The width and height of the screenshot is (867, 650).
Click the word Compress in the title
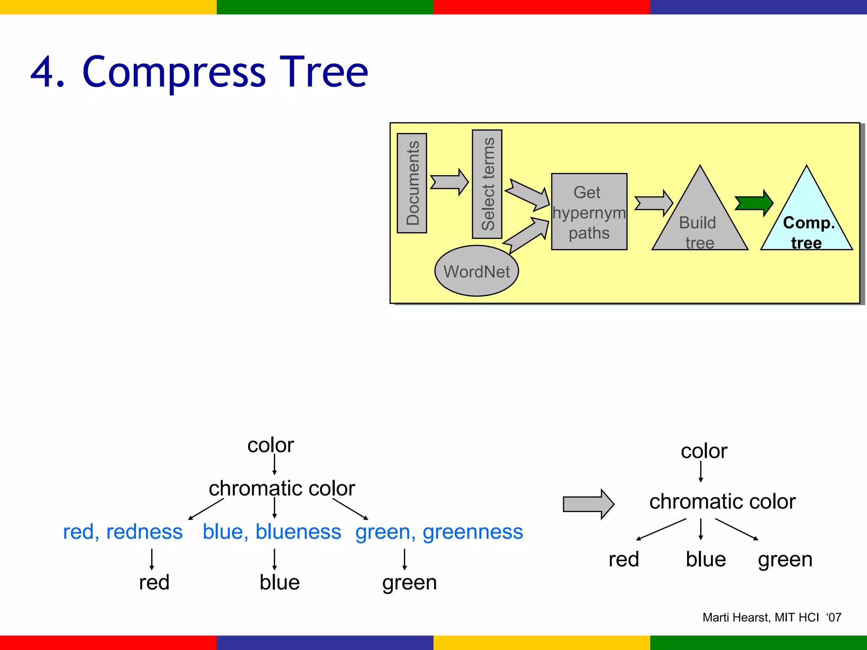click(x=174, y=73)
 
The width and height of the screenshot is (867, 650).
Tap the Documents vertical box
click(x=412, y=183)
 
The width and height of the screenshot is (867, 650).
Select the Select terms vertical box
click(x=487, y=184)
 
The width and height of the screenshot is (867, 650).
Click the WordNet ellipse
click(x=476, y=271)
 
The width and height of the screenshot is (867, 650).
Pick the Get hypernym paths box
click(x=589, y=212)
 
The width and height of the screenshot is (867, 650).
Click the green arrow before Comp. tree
click(x=754, y=203)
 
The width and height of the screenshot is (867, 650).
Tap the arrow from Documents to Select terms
click(x=449, y=182)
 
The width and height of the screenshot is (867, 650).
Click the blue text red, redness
click(x=123, y=532)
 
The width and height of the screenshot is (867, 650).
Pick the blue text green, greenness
click(x=439, y=532)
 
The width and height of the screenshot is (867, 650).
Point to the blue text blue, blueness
click(x=272, y=532)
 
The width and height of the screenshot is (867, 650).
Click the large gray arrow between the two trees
click(x=588, y=504)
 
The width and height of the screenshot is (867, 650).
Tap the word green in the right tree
click(x=785, y=559)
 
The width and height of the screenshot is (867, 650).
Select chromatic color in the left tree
click(x=282, y=488)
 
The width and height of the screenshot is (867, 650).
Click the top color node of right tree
click(x=704, y=451)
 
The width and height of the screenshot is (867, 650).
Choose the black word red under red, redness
click(x=154, y=582)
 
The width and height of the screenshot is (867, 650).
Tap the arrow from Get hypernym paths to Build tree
click(x=653, y=203)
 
